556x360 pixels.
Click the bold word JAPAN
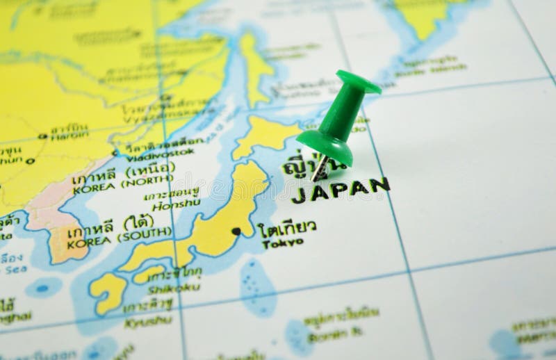pyautogui.click(x=340, y=189)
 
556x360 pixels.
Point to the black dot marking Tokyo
pyautogui.click(x=236, y=231)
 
